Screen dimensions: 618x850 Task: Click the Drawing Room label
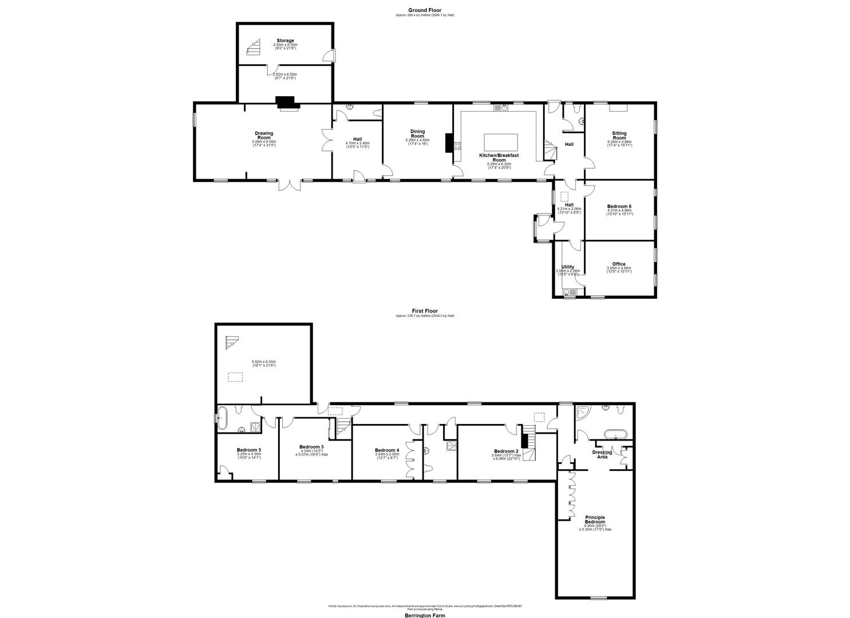[264, 136]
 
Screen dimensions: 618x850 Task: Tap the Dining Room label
[417, 134]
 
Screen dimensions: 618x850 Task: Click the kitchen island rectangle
[501, 141]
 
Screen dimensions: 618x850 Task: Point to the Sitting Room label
[619, 136]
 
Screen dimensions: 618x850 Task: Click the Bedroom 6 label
[619, 206]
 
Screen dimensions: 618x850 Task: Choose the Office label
[619, 264]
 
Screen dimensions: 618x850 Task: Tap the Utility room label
[568, 267]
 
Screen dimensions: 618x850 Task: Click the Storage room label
[285, 41]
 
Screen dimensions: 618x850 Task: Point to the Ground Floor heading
[424, 10]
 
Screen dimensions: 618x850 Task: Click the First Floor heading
[425, 311]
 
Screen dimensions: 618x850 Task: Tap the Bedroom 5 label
[249, 450]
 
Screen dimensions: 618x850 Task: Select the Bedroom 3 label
[311, 447]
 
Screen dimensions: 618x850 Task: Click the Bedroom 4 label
[386, 450]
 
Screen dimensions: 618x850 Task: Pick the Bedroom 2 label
[506, 451]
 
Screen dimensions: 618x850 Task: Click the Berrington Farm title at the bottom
[425, 615]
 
